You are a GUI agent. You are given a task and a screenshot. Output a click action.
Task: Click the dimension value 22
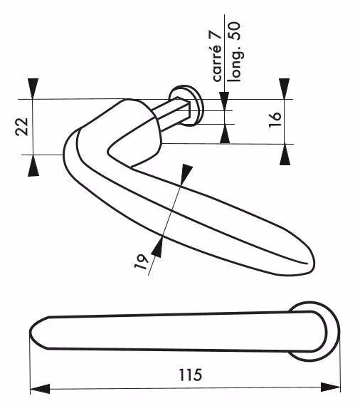[x=22, y=127]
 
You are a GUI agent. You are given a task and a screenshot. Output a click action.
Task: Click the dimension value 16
[x=275, y=120]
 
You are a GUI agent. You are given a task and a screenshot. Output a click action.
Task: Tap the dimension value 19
[x=141, y=262]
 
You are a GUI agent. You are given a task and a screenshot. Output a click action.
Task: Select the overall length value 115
[x=191, y=375]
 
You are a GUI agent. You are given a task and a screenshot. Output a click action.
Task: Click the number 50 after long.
[x=235, y=31]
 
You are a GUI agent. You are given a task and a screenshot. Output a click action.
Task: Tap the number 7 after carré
[x=217, y=35]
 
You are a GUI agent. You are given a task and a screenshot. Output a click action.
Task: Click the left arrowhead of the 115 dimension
[x=40, y=389]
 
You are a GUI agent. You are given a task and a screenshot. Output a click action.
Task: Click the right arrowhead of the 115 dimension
[x=331, y=387]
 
